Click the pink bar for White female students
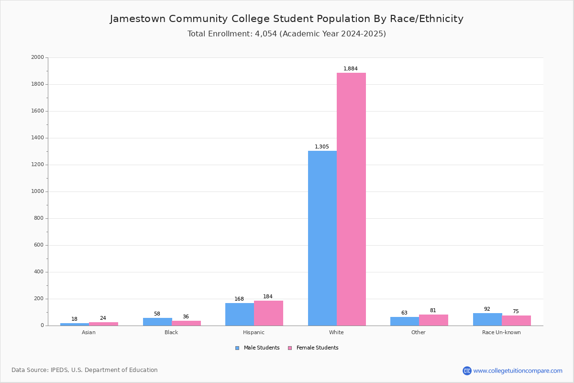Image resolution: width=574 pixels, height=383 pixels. pos(351,199)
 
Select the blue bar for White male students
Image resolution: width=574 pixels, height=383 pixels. pos(322,238)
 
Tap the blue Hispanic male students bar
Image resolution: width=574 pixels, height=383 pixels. pos(240,314)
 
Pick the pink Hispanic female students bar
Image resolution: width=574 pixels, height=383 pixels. pos(268,313)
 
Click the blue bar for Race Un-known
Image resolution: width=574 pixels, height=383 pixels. pos(487,319)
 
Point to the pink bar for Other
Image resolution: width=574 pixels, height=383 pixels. pos(433,320)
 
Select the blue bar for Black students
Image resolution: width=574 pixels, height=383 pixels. pos(157,322)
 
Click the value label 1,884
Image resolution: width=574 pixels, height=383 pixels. pos(350,68)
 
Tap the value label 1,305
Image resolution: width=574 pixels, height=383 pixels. pos(321,146)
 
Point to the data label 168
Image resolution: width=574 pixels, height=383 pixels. pos(239,299)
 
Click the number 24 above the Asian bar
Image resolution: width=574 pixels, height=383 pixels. pos(103,318)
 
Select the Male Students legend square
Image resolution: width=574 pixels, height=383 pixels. pos(237,348)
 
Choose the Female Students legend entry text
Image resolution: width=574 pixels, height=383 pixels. pos(317,348)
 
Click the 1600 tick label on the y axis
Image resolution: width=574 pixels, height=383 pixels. pos(37,111)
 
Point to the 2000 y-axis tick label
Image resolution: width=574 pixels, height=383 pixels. pos(37,57)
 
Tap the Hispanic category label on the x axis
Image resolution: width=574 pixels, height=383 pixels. pos(254,332)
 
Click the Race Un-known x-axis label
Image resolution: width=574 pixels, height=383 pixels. pos(501,332)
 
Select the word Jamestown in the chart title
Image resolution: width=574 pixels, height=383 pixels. pos(138,19)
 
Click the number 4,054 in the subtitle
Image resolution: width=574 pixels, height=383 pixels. pos(266,34)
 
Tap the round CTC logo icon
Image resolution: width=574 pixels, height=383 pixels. pos(467,371)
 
